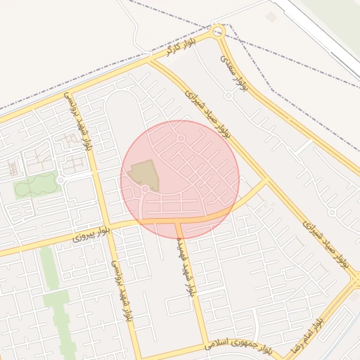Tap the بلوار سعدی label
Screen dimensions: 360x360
235,70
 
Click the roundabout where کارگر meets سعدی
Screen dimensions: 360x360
218,31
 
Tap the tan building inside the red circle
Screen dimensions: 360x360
145,174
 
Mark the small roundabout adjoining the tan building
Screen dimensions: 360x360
145,189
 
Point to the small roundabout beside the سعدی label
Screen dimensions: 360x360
229,95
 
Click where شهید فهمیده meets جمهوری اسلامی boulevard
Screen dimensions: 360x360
206,344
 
